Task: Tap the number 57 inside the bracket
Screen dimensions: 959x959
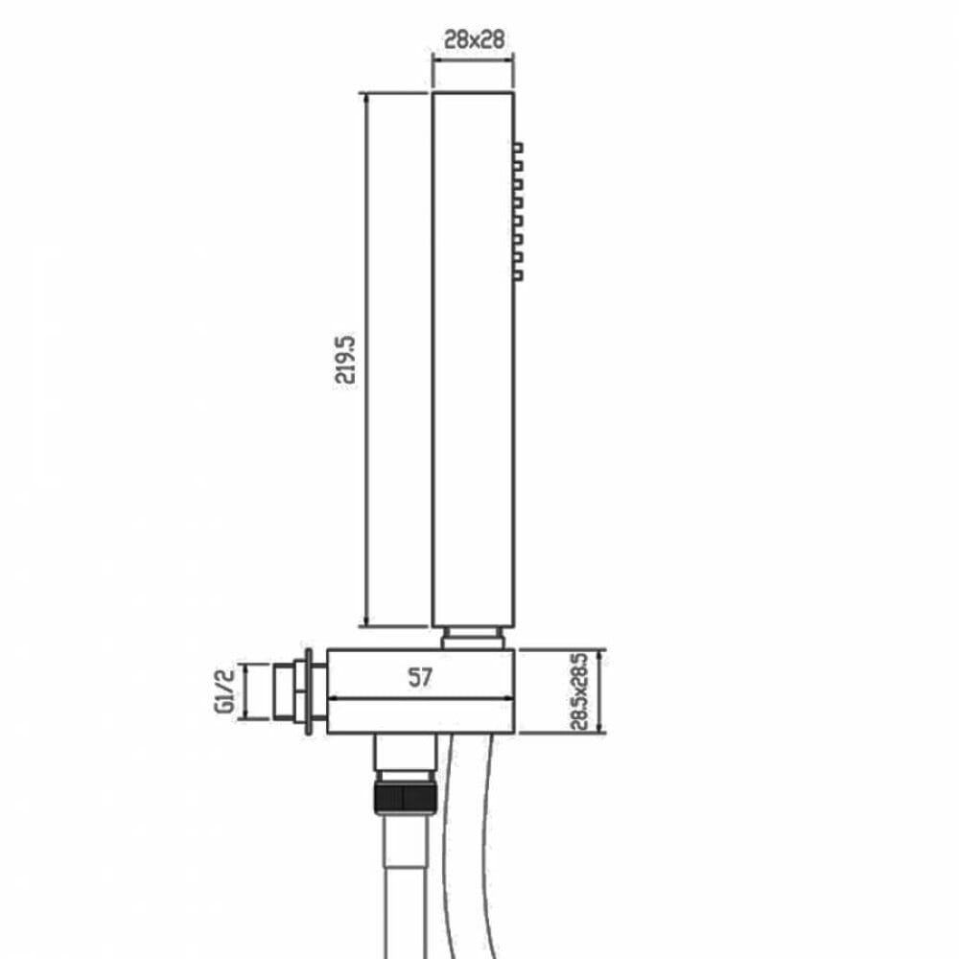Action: [419, 678]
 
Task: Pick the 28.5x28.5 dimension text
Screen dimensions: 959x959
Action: [578, 691]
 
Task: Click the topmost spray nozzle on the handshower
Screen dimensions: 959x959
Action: [519, 149]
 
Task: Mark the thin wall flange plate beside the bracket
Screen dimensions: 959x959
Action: [309, 691]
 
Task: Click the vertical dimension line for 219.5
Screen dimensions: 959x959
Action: [368, 360]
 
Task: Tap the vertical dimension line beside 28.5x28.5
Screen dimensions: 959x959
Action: [600, 691]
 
